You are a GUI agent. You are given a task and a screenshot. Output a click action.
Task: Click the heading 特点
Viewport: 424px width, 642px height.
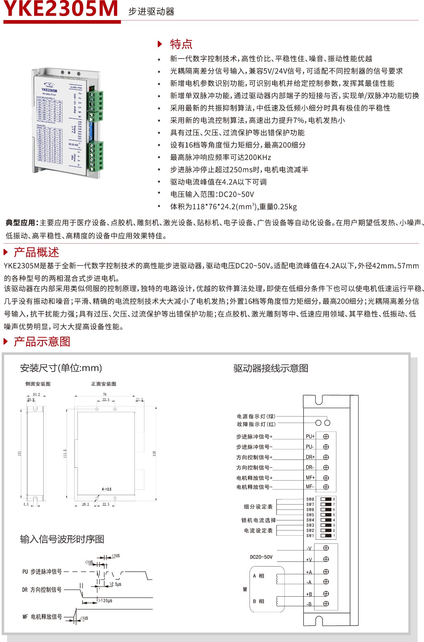pyautogui.click(x=181, y=44)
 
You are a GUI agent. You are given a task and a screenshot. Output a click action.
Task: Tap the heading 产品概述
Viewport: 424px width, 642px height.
pyautogui.click(x=36, y=252)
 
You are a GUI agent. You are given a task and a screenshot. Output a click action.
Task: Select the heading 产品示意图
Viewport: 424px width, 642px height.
pyautogui.click(x=42, y=342)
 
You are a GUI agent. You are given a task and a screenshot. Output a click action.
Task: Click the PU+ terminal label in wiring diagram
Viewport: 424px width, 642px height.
pyautogui.click(x=310, y=437)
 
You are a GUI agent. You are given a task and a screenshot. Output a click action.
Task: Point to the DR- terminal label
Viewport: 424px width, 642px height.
pyautogui.click(x=310, y=467)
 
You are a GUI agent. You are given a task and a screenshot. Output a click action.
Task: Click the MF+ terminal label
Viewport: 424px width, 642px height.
pyautogui.click(x=310, y=478)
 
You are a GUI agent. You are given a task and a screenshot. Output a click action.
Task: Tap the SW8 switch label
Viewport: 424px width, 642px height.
pyautogui.click(x=310, y=500)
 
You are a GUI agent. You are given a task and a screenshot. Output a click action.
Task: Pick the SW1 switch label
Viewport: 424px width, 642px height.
pyautogui.click(x=310, y=536)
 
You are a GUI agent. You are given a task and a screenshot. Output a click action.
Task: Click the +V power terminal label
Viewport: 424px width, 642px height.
pyautogui.click(x=309, y=560)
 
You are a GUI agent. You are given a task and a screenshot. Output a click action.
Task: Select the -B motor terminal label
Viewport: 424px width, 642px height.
pyautogui.click(x=309, y=604)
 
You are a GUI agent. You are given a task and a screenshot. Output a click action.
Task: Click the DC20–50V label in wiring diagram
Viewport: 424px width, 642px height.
pyautogui.click(x=261, y=557)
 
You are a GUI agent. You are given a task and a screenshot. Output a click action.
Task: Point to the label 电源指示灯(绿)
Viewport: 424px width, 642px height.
pyautogui.click(x=256, y=416)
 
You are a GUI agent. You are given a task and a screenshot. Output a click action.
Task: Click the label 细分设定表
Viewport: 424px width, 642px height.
pyautogui.click(x=258, y=507)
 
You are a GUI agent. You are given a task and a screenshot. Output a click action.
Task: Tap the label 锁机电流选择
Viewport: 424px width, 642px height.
pyautogui.click(x=258, y=520)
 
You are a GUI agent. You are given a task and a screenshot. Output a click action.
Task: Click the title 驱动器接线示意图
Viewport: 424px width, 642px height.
pyautogui.click(x=271, y=368)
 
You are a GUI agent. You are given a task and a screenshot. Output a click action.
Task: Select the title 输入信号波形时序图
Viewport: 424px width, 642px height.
pyautogui.click(x=62, y=539)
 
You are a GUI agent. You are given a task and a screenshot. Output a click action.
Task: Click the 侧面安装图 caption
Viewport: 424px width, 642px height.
pyautogui.click(x=38, y=384)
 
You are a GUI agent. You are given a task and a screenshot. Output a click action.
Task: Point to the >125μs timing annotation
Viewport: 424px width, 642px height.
pyautogui.click(x=105, y=601)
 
